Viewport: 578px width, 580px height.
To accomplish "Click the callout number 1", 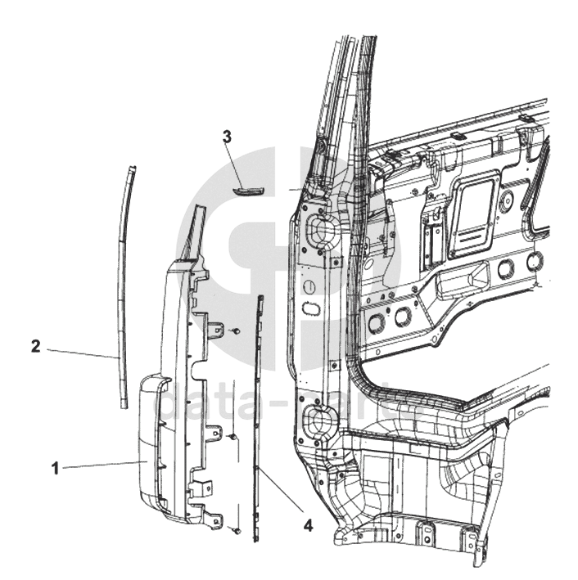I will [x=55, y=469].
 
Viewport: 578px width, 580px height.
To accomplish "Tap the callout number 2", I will [x=35, y=346].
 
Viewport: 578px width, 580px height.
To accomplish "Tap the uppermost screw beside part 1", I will [x=235, y=331].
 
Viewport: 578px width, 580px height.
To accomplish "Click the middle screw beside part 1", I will [x=233, y=437].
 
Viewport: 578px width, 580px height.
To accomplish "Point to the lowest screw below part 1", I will [x=237, y=532].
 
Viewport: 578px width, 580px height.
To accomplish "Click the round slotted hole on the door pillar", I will [x=311, y=286].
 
